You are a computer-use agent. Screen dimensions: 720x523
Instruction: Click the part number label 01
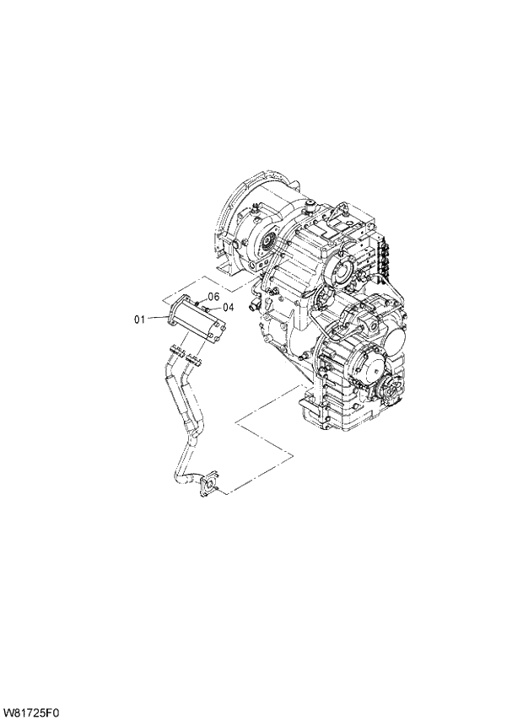pos(140,319)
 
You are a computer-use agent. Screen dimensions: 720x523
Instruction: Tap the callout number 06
pos(213,298)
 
